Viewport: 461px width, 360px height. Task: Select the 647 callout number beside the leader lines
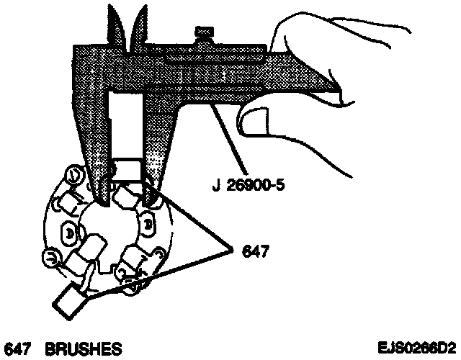pyautogui.click(x=256, y=251)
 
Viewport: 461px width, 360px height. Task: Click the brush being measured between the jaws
pyautogui.click(x=129, y=170)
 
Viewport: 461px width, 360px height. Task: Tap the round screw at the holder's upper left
pyautogui.click(x=73, y=175)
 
